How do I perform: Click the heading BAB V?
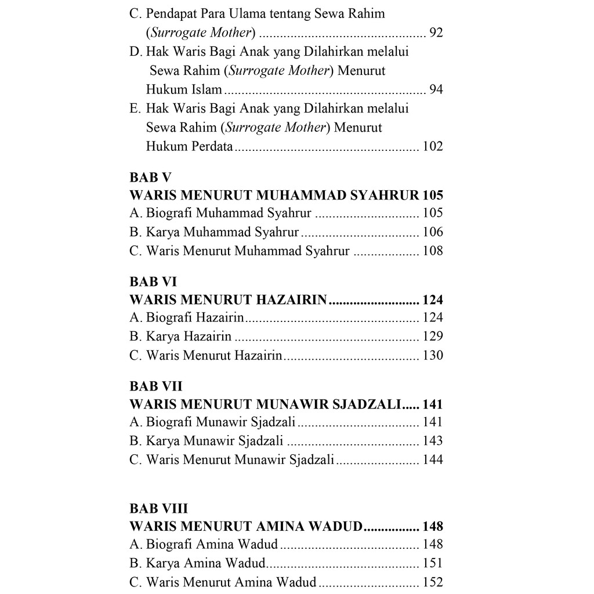pyautogui.click(x=150, y=178)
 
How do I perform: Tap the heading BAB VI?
pyautogui.click(x=153, y=282)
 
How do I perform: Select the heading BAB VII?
pyautogui.click(x=156, y=386)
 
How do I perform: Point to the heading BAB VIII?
pyautogui.click(x=159, y=508)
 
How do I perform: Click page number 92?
pyautogui.click(x=436, y=32)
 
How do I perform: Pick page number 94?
pyautogui.click(x=436, y=89)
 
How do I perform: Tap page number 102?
pyautogui.click(x=433, y=146)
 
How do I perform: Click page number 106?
pyautogui.click(x=433, y=233)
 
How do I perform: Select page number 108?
pyautogui.click(x=433, y=251)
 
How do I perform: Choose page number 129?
pyautogui.click(x=433, y=336)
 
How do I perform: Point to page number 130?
pyautogui.click(x=433, y=355)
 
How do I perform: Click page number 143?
pyautogui.click(x=433, y=441)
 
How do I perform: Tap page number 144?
pyautogui.click(x=433, y=460)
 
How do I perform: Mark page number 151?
pyautogui.click(x=433, y=563)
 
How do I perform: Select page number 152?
pyautogui.click(x=433, y=582)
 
